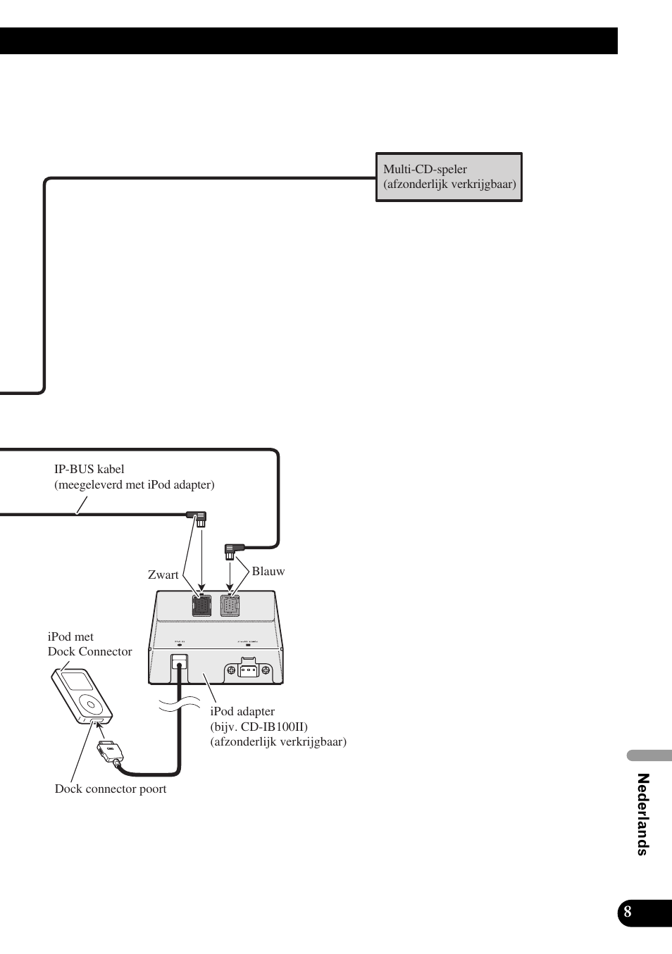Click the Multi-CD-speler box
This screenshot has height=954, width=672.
449,177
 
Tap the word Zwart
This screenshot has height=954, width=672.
163,575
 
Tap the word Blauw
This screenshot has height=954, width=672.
268,572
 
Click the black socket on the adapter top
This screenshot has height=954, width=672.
201,605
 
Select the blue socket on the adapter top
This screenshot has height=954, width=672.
230,605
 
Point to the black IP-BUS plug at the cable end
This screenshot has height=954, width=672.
199,518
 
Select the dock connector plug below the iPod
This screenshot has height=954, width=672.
110,752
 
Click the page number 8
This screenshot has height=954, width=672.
627,913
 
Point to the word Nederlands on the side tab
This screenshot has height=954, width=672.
642,814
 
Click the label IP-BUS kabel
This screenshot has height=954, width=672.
89,470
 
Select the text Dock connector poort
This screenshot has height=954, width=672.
111,789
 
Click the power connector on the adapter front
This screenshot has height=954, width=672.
248,670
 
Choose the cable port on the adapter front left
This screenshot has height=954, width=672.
180,662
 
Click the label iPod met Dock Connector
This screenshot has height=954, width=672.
89,644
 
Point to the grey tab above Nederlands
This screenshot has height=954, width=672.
649,756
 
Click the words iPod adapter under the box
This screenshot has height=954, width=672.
242,712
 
